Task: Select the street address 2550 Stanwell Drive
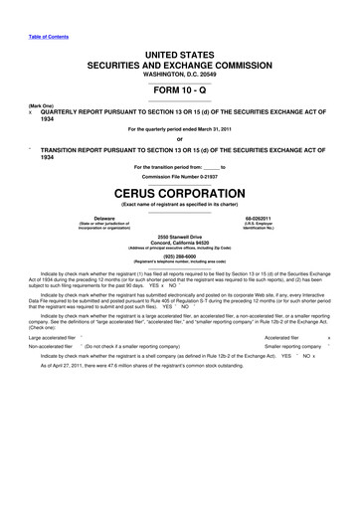click(x=180, y=234)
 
